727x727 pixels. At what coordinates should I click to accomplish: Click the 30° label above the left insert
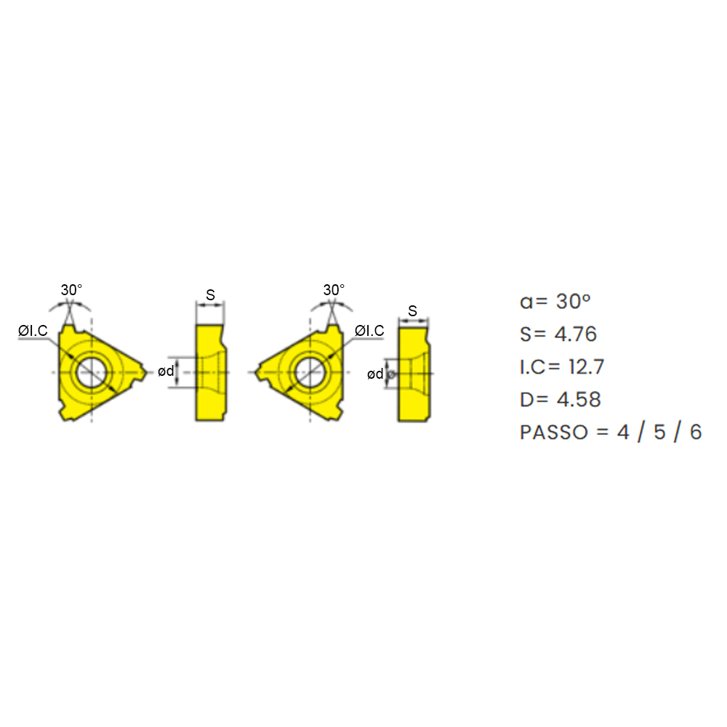coord(71,290)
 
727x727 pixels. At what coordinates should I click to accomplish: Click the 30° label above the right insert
coord(334,290)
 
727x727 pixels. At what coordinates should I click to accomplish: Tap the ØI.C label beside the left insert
coord(33,331)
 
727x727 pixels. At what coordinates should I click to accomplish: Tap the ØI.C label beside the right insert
coord(369,331)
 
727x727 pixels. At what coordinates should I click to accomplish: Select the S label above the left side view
coord(211,295)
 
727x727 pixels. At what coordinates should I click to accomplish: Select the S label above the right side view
coord(413,311)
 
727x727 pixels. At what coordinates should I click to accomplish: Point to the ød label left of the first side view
coord(166,371)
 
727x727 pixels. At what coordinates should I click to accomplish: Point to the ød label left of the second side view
coord(375,374)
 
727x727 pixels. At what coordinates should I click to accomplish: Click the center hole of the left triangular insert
coord(92,371)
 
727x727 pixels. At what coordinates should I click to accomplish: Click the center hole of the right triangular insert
coord(310,371)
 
